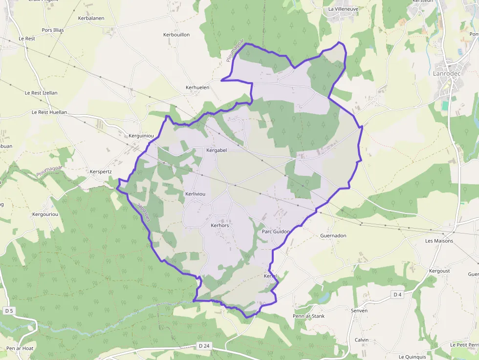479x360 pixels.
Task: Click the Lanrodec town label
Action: pyautogui.click(x=447, y=73)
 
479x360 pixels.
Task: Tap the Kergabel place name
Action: pyautogui.click(x=217, y=150)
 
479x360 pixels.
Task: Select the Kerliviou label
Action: pyautogui.click(x=196, y=194)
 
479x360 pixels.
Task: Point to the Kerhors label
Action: pyautogui.click(x=220, y=226)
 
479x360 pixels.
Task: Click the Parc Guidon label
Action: pyautogui.click(x=276, y=232)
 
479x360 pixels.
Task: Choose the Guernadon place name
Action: pyautogui.click(x=333, y=235)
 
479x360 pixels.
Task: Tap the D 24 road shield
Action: pyautogui.click(x=204, y=346)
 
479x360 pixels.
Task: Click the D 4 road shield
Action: pyautogui.click(x=397, y=295)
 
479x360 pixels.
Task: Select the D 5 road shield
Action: pyautogui.click(x=8, y=311)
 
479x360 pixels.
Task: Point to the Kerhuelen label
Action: pyautogui.click(x=197, y=87)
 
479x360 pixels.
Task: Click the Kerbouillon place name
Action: pyautogui.click(x=176, y=35)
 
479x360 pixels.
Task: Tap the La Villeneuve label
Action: pyautogui.click(x=344, y=9)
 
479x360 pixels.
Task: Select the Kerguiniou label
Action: pyautogui.click(x=141, y=135)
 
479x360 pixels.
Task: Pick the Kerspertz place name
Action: pyautogui.click(x=101, y=172)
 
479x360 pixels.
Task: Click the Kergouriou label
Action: pyautogui.click(x=45, y=214)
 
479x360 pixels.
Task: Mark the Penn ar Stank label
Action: pyautogui.click(x=308, y=316)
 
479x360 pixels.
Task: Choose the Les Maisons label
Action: pyautogui.click(x=439, y=241)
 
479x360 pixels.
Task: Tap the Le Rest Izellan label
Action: pyautogui.click(x=41, y=93)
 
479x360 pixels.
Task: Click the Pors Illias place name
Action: pyautogui.click(x=53, y=30)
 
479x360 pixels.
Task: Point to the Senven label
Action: pyautogui.click(x=359, y=311)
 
